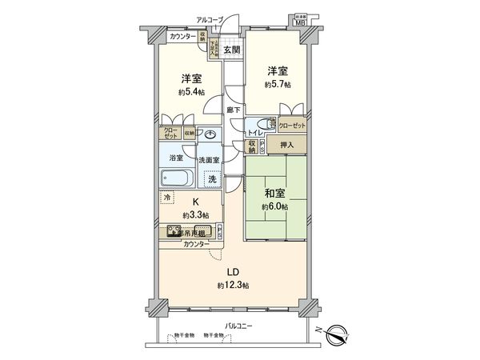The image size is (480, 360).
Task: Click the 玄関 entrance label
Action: click(231, 50)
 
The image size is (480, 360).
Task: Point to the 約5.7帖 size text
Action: click(278, 83)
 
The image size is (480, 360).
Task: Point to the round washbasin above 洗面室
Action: click(211, 135)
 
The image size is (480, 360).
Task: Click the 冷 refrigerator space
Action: click(167, 197)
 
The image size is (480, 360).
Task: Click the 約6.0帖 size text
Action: click(272, 206)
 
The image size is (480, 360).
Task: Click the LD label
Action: click(229, 270)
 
